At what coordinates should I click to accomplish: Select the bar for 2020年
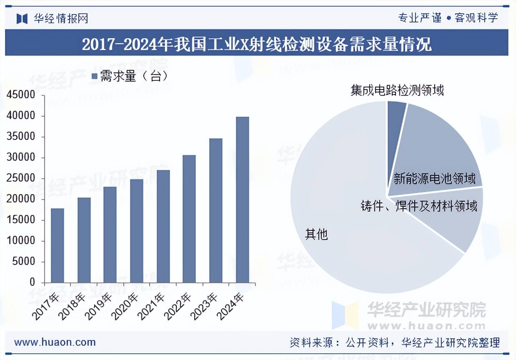click(x=137, y=231)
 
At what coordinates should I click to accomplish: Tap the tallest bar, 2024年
click(x=242, y=200)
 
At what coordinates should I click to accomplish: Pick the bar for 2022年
click(x=189, y=219)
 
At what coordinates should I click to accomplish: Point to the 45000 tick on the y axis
click(x=21, y=95)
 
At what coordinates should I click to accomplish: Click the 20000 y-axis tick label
click(x=21, y=200)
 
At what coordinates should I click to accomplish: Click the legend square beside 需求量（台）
click(x=94, y=76)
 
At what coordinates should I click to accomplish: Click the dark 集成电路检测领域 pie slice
click(x=396, y=112)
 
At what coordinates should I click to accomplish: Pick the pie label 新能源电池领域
click(x=434, y=179)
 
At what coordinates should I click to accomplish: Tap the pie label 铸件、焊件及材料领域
click(x=419, y=206)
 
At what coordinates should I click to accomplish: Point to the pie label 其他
click(x=316, y=235)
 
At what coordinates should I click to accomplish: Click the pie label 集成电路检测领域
click(x=397, y=90)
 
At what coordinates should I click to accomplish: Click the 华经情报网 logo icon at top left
click(x=22, y=18)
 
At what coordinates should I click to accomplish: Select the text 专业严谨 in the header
click(x=419, y=18)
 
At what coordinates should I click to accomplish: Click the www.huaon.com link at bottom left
click(x=55, y=342)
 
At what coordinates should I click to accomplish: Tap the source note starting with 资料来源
click(x=394, y=342)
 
